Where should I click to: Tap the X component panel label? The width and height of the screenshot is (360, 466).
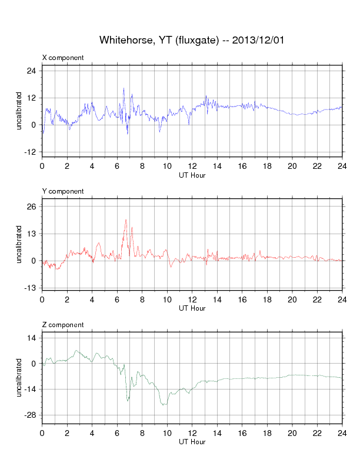[x=63, y=58]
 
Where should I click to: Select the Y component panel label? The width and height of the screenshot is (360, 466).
[x=63, y=191]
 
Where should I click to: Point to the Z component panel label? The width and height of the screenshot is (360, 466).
[x=63, y=325]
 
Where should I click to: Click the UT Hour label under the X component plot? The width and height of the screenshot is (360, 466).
[x=192, y=175]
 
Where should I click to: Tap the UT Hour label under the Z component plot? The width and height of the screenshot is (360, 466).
[x=192, y=442]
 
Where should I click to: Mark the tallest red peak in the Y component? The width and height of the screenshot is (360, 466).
[x=126, y=219]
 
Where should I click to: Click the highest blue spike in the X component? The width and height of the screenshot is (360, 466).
[x=124, y=88]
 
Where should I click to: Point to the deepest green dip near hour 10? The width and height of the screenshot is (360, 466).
[x=165, y=405]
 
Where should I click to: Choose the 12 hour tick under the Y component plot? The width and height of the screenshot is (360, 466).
[x=192, y=299]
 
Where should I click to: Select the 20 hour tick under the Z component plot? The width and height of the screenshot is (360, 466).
[x=292, y=432]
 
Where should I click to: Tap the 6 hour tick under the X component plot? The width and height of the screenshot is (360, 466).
[x=117, y=165]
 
